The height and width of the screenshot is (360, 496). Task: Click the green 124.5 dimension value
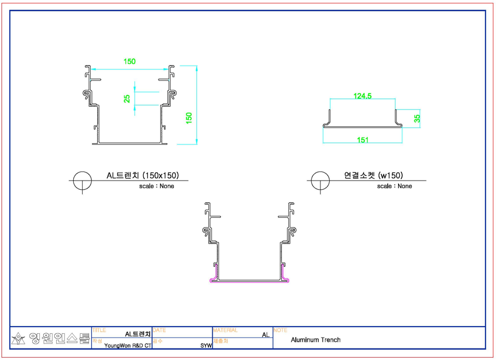coord(362,96)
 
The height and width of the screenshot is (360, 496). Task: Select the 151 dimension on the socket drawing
coord(363,140)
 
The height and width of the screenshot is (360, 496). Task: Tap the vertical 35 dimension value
coord(417,119)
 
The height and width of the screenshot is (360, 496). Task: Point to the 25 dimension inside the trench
coord(127,98)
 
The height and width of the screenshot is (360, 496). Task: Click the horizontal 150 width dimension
coord(130,61)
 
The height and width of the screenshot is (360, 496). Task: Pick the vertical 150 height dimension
coord(189,118)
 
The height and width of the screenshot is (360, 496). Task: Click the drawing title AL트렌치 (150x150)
coord(143,175)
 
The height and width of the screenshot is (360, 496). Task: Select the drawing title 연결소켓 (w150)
coord(374,175)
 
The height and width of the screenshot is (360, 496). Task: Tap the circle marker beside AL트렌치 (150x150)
coord(82,172)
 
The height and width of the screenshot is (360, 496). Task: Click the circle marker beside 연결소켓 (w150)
coord(320,172)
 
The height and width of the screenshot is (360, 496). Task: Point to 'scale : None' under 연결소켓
coord(394,186)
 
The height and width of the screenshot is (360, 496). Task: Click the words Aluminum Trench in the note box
coord(316,340)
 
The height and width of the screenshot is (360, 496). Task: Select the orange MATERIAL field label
coord(225,330)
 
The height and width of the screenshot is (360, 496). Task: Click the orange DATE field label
coord(159,330)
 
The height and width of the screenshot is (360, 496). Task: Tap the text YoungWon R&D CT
coord(128,345)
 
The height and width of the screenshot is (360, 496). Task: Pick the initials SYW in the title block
coord(206,345)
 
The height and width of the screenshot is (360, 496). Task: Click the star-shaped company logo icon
coord(19,339)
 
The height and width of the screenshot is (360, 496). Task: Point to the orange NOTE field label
coord(281,330)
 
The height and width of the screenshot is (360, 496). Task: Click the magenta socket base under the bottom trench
coord(249,281)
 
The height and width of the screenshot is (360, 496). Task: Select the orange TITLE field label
coord(99,330)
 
